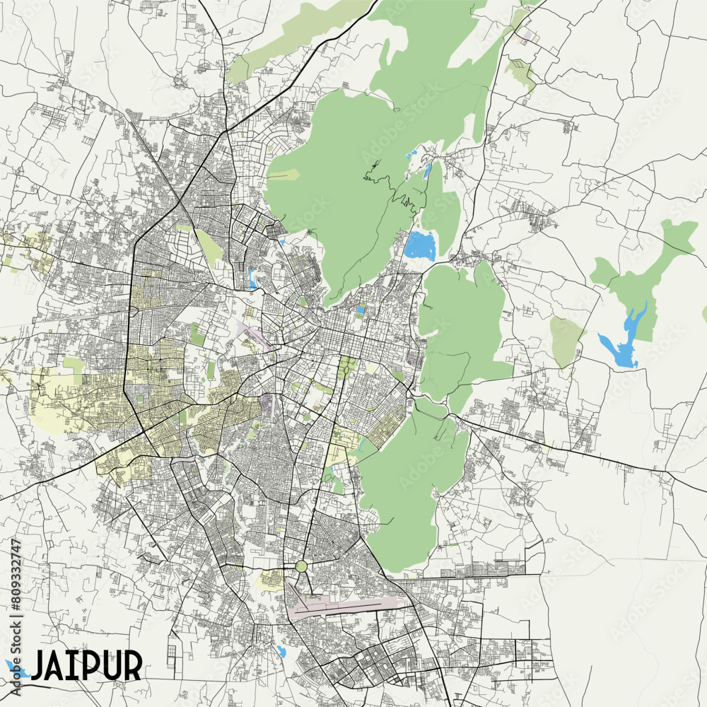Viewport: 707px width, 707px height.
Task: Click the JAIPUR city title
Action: pyautogui.click(x=86, y=665)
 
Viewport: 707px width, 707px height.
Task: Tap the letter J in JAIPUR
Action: pyautogui.click(x=40, y=665)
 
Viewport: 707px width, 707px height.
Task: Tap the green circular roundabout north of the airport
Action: pyautogui.click(x=302, y=566)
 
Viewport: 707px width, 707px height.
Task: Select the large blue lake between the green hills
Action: pyautogui.click(x=421, y=245)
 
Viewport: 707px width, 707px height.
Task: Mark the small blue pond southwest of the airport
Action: pyautogui.click(x=282, y=651)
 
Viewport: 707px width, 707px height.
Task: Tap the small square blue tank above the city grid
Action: pyautogui.click(x=361, y=310)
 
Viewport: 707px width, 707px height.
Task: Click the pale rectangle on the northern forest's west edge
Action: pyautogui.click(x=283, y=175)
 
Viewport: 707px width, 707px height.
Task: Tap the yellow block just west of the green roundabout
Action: pyautogui.click(x=270, y=580)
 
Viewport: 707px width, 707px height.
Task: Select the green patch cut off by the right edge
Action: pyautogui.click(x=704, y=313)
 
